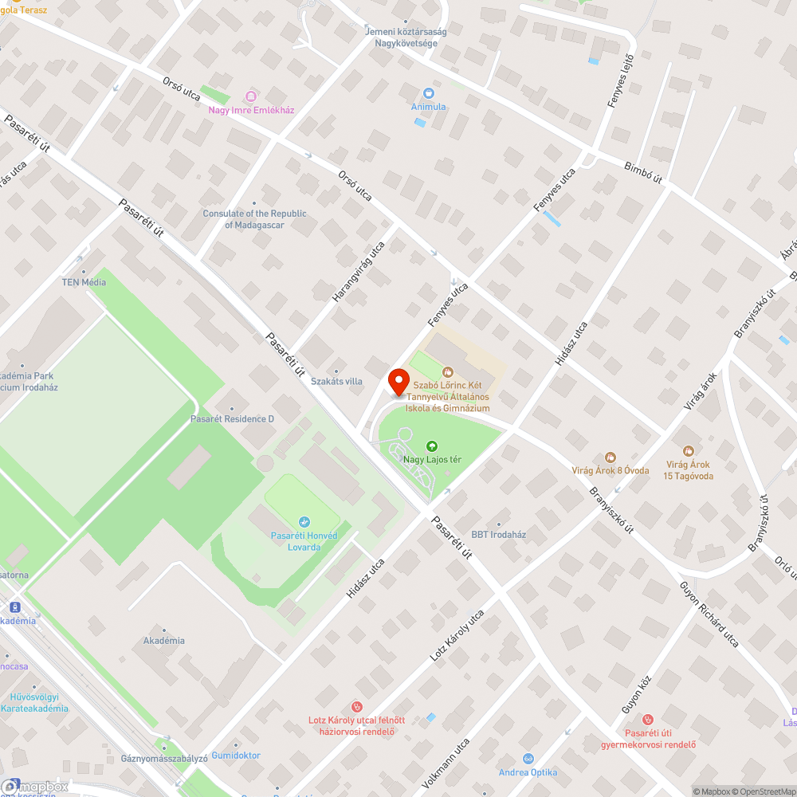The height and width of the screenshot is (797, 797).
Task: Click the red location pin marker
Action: pos(399,382)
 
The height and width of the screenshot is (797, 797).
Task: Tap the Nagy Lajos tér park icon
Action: pos(432,446)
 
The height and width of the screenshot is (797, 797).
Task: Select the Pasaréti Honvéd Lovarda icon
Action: pos(304,522)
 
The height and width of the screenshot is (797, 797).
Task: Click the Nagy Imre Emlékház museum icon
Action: pos(251,96)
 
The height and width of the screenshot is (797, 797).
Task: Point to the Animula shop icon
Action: pos(429,93)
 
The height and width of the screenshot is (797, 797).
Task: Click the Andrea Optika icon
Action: pos(528,759)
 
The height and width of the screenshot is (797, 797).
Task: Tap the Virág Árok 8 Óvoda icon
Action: pos(611,457)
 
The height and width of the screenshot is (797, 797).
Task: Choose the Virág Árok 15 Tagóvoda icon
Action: pos(688,451)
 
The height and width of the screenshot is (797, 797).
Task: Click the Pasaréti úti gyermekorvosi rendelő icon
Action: pos(648,719)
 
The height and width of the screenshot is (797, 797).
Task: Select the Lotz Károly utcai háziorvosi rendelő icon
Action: pos(357,706)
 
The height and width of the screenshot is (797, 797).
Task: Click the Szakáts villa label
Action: pos(336,381)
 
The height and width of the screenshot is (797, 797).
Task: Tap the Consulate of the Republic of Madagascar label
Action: pos(254,219)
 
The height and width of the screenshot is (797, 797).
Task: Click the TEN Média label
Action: pos(84,282)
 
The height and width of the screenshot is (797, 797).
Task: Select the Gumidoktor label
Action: pos(237,755)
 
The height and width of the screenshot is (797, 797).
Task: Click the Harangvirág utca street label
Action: pos(358,271)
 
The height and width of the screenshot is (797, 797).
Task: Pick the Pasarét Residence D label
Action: pos(232,418)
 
